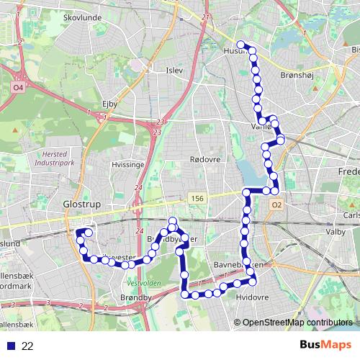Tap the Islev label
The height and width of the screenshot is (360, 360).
[175, 70]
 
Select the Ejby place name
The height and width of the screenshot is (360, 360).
[109, 104]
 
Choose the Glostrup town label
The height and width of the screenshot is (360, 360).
[80, 204]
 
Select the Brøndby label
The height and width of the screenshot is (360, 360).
[137, 297]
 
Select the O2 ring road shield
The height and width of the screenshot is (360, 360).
[276, 204]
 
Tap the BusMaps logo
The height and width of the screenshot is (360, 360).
[324, 346]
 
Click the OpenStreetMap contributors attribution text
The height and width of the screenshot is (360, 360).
[297, 323]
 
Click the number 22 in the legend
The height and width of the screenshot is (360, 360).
[27, 346]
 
